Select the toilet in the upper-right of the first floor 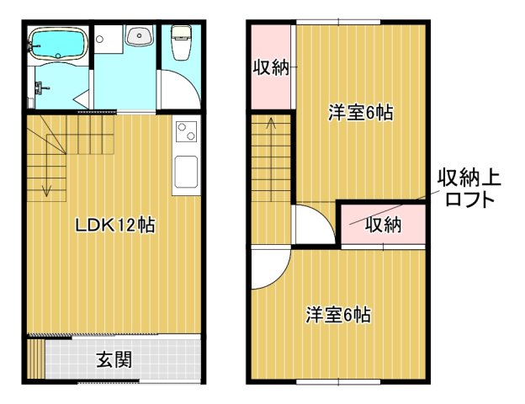[x=180, y=41]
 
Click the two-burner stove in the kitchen [x=185, y=134]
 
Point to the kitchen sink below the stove [x=185, y=173]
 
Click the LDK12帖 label [x=114, y=226]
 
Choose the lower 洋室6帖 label [x=337, y=316]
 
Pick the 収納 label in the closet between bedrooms [x=383, y=225]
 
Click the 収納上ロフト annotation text [x=468, y=189]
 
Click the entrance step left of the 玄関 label [x=35, y=359]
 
